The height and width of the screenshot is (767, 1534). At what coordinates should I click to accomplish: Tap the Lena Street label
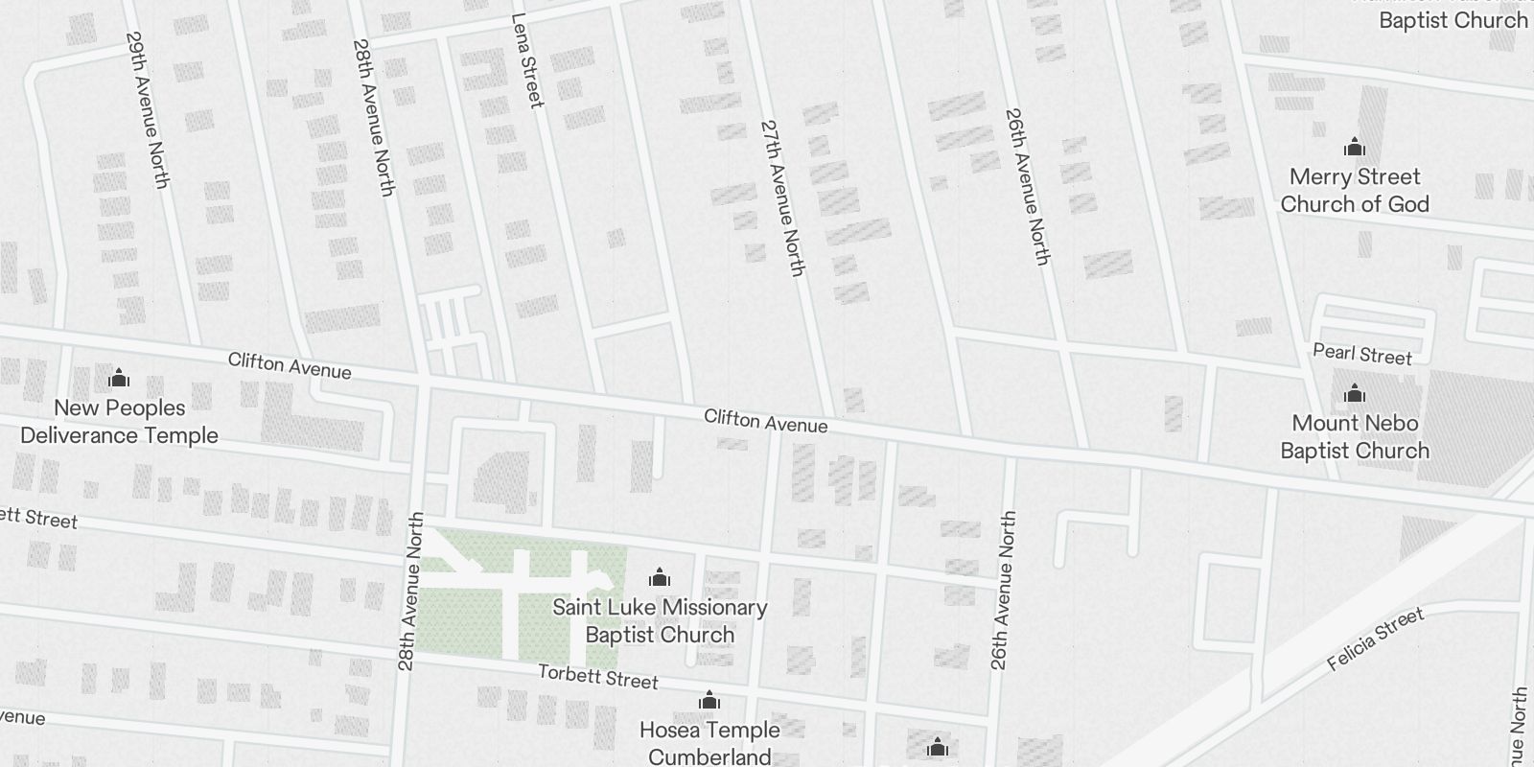click(x=527, y=59)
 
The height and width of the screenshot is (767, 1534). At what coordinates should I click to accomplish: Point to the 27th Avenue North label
click(x=781, y=198)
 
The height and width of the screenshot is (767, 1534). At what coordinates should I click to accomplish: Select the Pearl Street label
click(x=1361, y=354)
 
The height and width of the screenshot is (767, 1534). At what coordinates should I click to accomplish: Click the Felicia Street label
click(x=1376, y=639)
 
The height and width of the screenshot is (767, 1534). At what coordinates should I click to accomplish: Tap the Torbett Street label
click(x=598, y=677)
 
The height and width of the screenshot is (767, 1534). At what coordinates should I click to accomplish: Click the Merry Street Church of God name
click(x=1355, y=190)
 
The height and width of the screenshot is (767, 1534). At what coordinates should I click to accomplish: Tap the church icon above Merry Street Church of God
click(x=1355, y=147)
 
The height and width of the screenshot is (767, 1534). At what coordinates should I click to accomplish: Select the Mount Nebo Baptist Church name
click(x=1355, y=436)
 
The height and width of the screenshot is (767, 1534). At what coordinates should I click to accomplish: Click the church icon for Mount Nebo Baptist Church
click(x=1355, y=393)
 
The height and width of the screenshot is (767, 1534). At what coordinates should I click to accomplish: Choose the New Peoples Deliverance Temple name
click(x=119, y=421)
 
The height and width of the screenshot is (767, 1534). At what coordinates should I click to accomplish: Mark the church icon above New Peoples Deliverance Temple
click(x=119, y=377)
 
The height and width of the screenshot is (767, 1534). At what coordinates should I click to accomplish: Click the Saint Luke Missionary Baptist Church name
click(x=660, y=620)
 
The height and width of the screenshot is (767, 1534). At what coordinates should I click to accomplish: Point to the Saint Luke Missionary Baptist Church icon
click(x=660, y=577)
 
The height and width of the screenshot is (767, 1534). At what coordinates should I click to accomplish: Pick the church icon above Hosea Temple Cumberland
click(x=709, y=701)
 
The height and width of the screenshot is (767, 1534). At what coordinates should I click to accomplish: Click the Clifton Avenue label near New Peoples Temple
click(x=290, y=364)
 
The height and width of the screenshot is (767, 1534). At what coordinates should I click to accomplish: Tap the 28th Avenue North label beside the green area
click(x=410, y=591)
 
